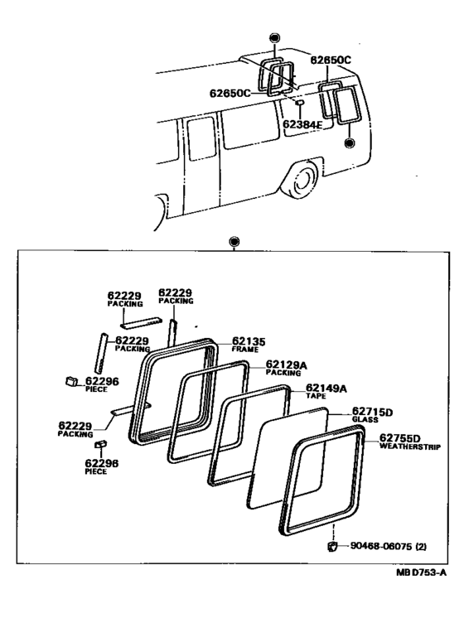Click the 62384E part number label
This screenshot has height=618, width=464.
302,124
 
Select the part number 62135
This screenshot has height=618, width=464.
249,341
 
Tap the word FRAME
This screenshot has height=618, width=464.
245,350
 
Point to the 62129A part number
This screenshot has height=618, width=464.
286,365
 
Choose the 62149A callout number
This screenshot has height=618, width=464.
326,389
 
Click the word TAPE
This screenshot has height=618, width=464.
317,396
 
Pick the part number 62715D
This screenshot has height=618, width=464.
373,413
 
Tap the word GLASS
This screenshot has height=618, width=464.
365,420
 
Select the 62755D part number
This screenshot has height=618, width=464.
400,438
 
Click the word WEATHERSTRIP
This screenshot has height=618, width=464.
410,447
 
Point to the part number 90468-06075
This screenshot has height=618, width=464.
381,546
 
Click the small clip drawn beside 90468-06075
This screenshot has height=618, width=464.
332,547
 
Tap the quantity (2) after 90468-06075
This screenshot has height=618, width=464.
421,546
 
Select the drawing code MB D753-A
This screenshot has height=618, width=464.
421,572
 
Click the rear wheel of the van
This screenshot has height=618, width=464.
302,180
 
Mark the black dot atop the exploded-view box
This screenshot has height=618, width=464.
234,242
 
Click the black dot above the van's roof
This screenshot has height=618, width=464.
274,38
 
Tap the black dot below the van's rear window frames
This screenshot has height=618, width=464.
349,142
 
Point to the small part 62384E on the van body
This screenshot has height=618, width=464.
299,102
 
